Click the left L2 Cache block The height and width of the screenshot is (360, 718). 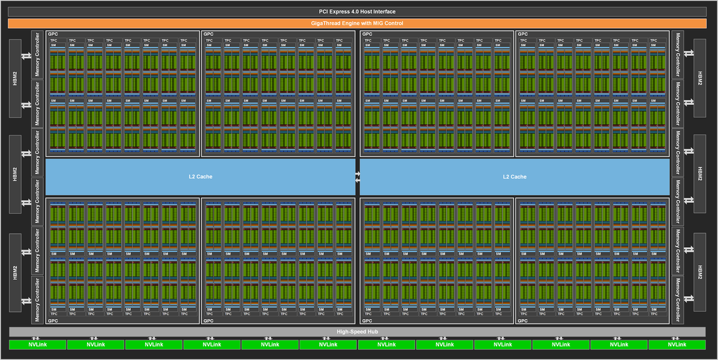[x=200, y=177]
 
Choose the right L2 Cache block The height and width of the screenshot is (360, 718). [x=514, y=177]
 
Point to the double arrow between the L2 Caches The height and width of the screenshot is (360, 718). [x=358, y=177]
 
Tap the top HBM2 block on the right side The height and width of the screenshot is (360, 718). [x=699, y=79]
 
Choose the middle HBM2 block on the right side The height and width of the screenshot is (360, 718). [x=699, y=174]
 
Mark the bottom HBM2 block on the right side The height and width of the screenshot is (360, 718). [x=699, y=271]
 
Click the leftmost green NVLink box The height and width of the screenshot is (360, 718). [x=37, y=344]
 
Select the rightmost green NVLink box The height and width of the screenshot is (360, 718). [x=677, y=344]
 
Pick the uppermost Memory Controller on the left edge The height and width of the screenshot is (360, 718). [x=37, y=55]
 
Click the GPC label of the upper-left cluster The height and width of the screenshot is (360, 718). [x=52, y=34]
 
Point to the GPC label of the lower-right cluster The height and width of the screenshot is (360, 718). [x=522, y=321]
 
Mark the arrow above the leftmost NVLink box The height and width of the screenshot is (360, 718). [x=37, y=338]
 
